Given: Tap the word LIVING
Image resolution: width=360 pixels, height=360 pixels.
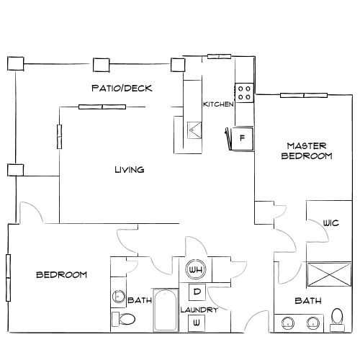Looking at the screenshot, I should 130,171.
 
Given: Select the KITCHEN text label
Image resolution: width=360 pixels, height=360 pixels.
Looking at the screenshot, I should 218,104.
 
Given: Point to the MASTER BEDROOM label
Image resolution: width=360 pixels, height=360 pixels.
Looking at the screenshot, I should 306,150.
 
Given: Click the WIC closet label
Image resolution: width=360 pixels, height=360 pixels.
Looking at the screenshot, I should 331,222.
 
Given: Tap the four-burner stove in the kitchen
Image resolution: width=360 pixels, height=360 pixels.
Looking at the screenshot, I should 244,91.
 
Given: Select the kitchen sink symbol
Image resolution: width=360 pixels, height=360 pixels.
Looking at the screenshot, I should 194,130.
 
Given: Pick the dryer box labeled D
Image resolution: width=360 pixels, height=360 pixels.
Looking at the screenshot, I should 197,292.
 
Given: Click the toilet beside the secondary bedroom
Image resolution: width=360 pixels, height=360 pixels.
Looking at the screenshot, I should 124,319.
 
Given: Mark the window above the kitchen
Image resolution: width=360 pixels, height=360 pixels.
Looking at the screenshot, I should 218,56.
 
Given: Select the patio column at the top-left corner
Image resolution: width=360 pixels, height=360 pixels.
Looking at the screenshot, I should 14,63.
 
